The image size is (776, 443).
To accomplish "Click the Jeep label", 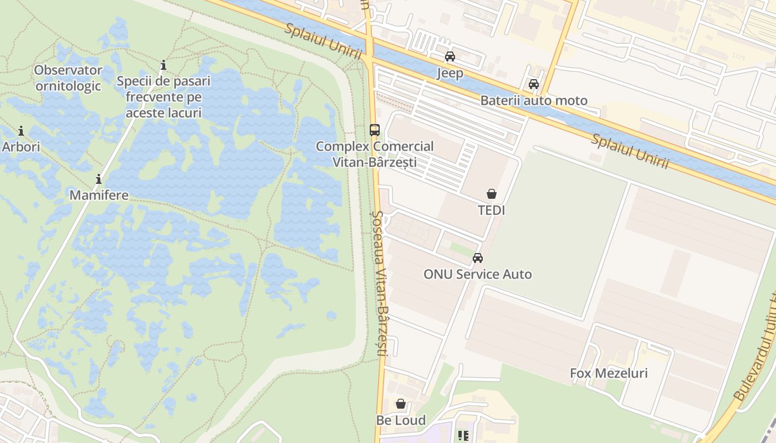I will coord(450,73).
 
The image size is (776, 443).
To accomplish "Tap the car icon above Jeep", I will coord(450,56).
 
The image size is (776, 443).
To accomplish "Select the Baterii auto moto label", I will coord(533,101).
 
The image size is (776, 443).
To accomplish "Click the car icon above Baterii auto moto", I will coord(533,84).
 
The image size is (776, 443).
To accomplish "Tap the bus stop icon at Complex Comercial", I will coord(375,130).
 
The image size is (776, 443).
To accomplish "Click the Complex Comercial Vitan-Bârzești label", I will coord(375,154).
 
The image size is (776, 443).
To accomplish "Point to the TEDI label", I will coord(491,210).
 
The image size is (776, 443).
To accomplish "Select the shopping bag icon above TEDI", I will coord(491,194).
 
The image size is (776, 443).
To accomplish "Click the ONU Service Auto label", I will coord(477,274).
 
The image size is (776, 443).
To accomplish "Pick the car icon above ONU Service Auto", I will coord(477,258).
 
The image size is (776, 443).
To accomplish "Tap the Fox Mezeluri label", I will coord(609,373).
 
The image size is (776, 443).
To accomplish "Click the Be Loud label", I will coord(401,420).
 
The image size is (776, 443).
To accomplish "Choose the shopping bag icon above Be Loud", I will coord(401,404).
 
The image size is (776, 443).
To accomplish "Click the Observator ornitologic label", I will coord(68,78).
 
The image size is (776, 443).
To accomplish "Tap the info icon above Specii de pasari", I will coord(163,66).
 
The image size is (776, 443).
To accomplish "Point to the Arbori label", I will coord(21,147).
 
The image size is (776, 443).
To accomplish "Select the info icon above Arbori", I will coord(21,131).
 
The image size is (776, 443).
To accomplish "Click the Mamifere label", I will coord(99,195).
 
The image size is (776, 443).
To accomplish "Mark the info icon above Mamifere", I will coord(99,179).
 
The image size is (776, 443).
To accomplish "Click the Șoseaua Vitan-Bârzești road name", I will coord(380,282).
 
